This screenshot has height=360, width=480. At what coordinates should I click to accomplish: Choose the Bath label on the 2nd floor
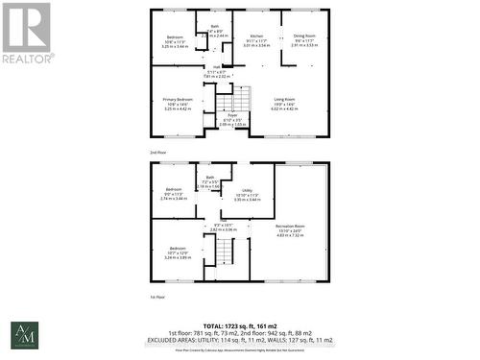215,29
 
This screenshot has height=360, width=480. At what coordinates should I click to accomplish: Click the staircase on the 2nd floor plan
224,100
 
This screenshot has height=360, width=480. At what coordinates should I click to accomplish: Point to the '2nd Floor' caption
160,153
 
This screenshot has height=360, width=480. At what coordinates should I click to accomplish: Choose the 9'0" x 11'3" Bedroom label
174,192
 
